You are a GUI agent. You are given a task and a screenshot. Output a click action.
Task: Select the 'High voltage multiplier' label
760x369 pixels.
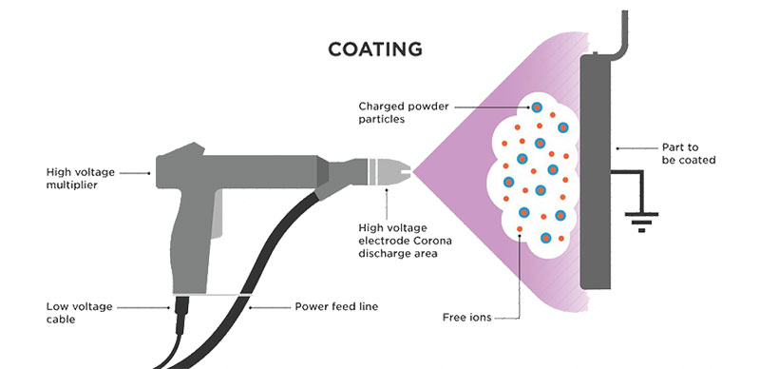tap(81, 179)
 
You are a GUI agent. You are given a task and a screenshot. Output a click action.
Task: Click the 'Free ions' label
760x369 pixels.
tap(468, 317)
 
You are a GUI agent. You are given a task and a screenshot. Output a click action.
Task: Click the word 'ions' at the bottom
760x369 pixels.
tap(481, 317)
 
